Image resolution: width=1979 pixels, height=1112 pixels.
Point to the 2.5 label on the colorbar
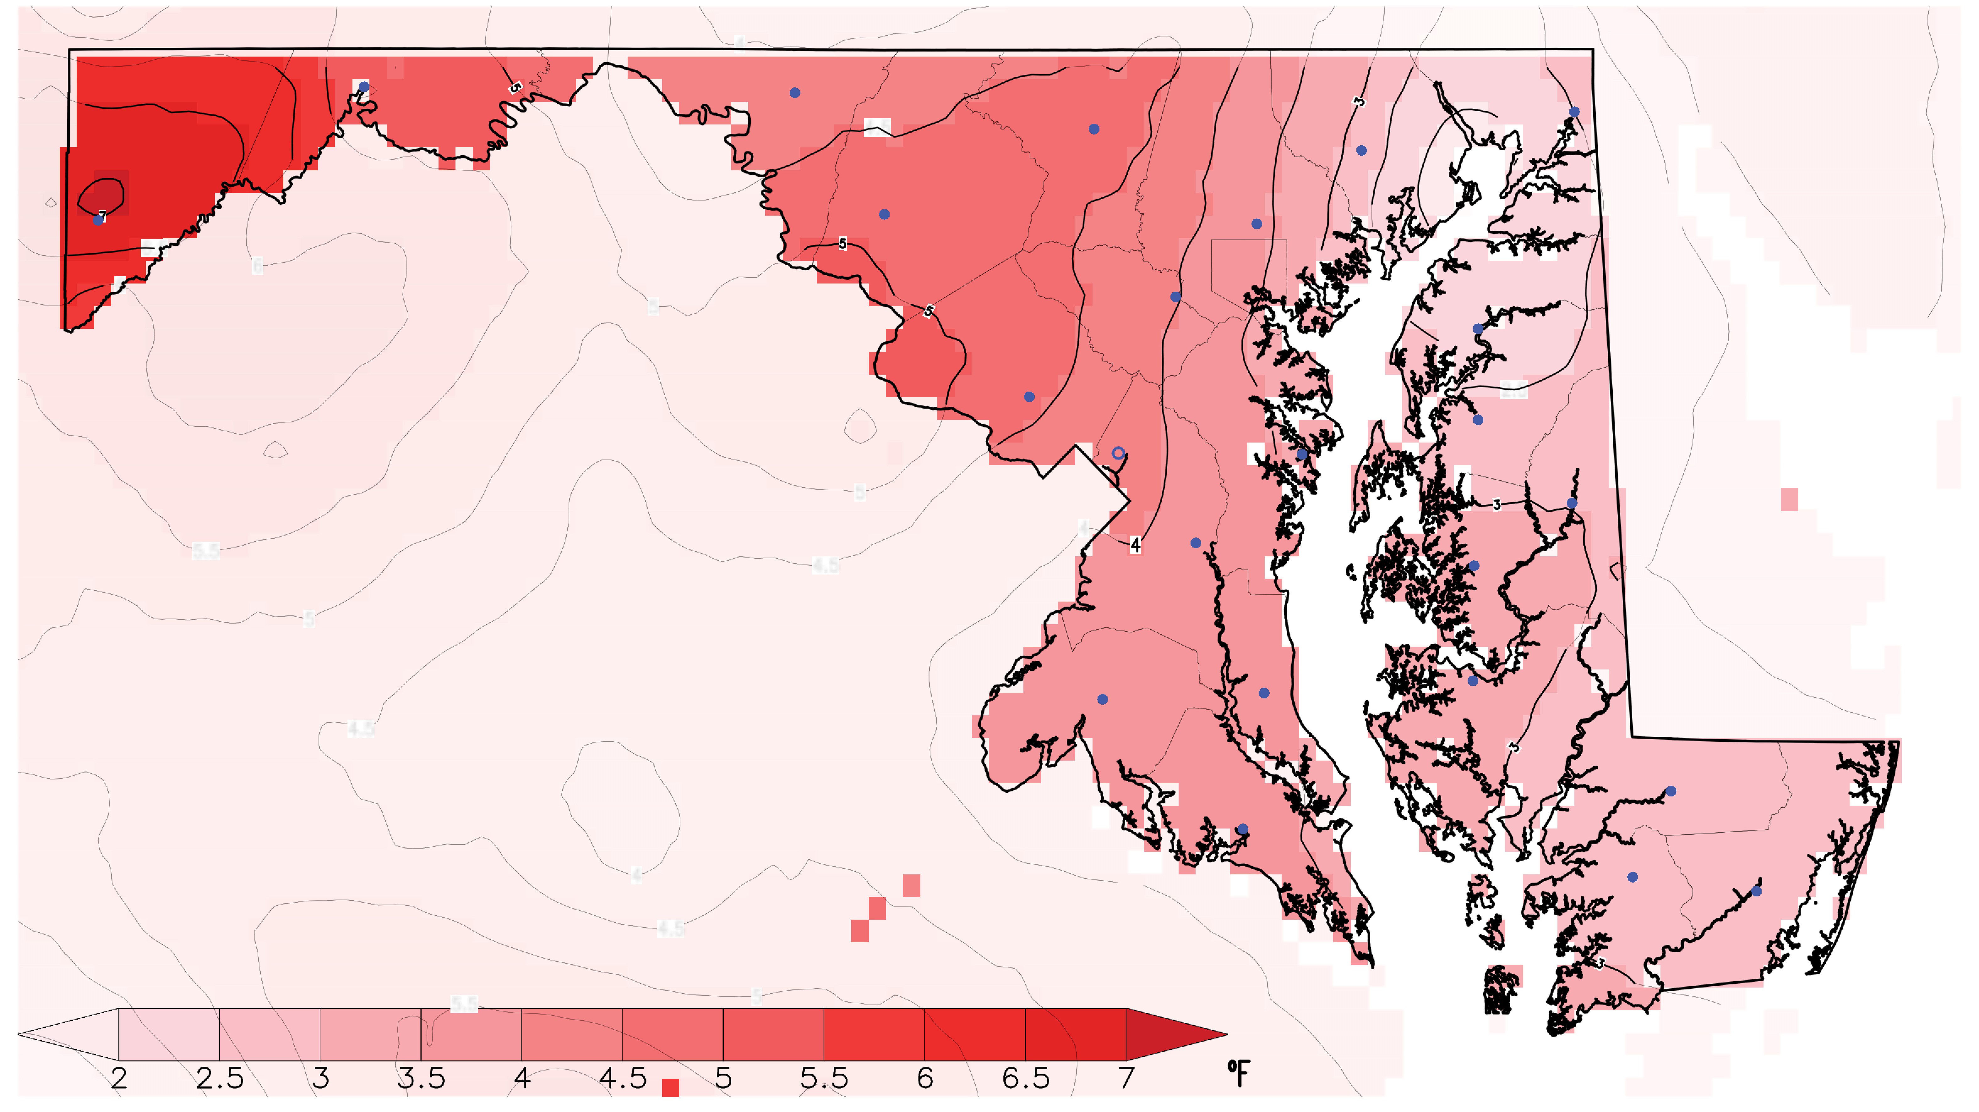click(220, 1078)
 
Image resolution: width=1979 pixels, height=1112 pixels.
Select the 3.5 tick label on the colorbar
click(421, 1078)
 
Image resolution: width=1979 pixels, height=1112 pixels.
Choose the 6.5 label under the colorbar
click(1026, 1078)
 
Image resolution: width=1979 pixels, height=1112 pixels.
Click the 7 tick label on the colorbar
click(1126, 1078)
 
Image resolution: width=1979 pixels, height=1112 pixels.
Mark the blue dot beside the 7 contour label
click(98, 220)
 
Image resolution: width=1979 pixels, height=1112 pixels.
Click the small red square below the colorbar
click(670, 1087)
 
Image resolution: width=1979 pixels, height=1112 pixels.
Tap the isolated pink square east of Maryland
click(1789, 499)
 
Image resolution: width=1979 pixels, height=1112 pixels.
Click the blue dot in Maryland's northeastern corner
click(1574, 112)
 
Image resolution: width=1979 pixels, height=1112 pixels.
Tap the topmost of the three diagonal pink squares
click(911, 885)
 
